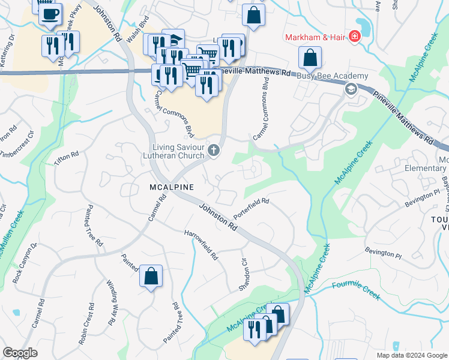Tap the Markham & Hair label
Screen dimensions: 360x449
tap(316, 37)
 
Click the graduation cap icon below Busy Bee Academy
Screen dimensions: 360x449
tap(350, 89)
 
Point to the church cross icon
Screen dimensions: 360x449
tap(213, 149)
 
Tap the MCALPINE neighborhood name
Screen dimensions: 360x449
tap(171, 187)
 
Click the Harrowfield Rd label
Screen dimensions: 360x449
tap(201, 245)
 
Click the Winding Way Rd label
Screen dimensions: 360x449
tap(111, 302)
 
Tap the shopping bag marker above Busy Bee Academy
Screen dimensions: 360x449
tap(310, 58)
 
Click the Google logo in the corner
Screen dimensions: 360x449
tap(20, 353)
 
